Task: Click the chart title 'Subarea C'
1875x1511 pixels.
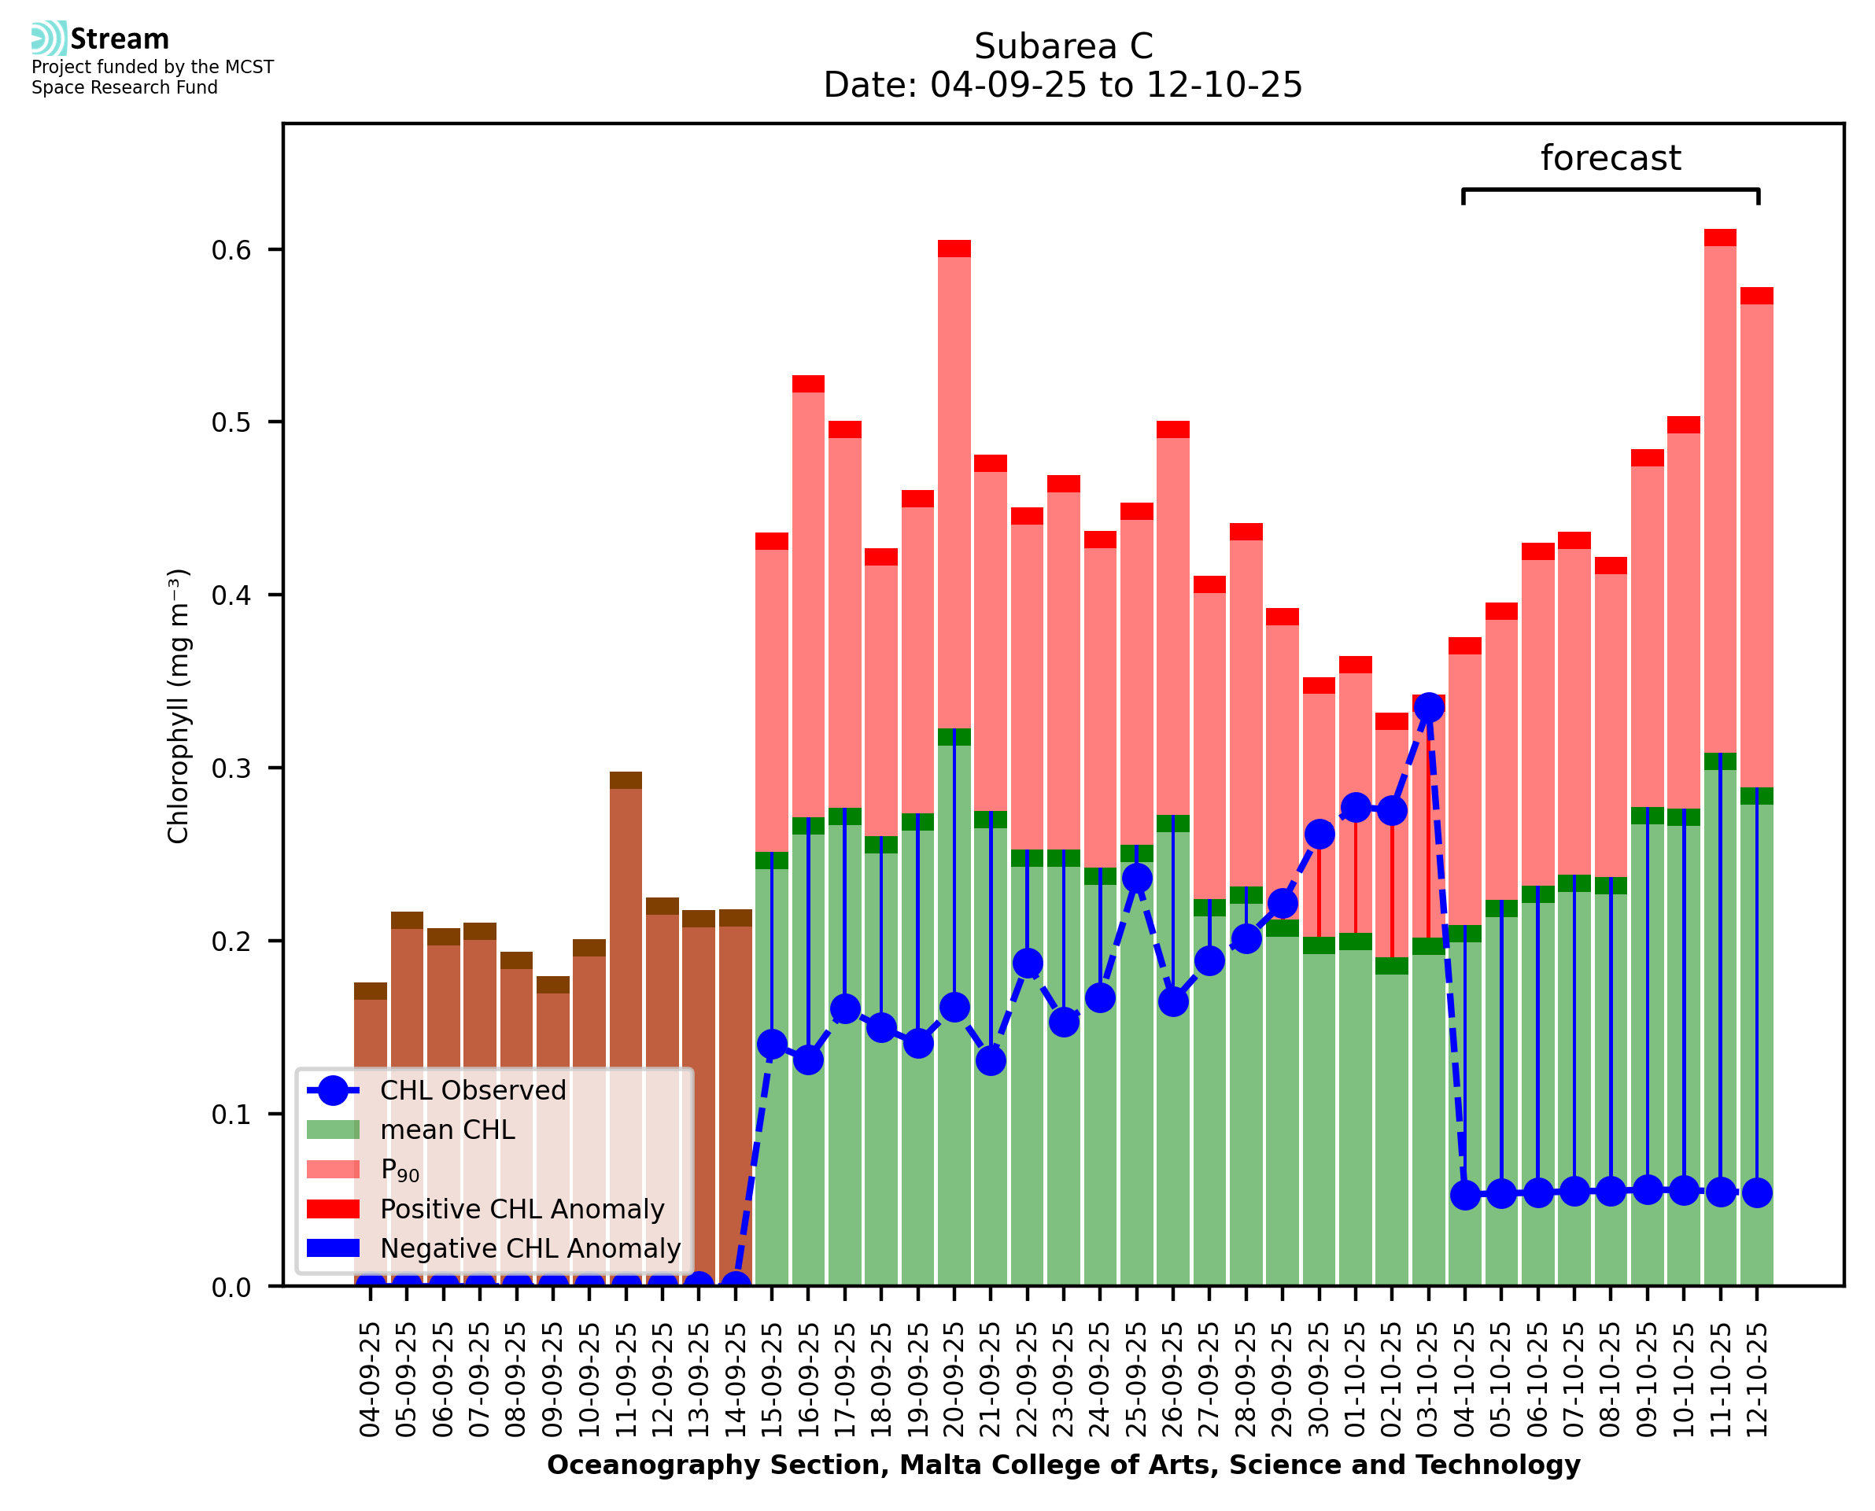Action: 1063,46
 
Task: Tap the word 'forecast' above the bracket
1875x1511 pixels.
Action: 1611,158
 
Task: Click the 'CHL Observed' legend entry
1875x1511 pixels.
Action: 473,1091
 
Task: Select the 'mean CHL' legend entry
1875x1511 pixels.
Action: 448,1130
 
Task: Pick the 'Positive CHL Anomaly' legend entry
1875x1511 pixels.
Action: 522,1209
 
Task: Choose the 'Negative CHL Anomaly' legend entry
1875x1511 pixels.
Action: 530,1248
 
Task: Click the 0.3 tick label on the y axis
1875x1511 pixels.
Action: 231,768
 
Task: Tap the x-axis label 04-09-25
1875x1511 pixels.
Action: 370,1380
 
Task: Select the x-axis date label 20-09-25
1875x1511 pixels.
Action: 954,1380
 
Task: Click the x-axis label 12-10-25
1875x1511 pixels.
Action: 1757,1380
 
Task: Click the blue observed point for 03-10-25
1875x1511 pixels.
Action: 1428,708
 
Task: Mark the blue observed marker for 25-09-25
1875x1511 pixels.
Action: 1136,879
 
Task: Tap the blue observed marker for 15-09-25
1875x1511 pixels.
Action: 772,1044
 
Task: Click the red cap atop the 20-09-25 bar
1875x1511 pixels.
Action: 954,249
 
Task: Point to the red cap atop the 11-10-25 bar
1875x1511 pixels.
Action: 1720,238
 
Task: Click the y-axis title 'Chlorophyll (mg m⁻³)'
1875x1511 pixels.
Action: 179,706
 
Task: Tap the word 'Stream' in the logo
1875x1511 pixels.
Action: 120,39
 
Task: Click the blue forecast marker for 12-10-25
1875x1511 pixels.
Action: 1757,1192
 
